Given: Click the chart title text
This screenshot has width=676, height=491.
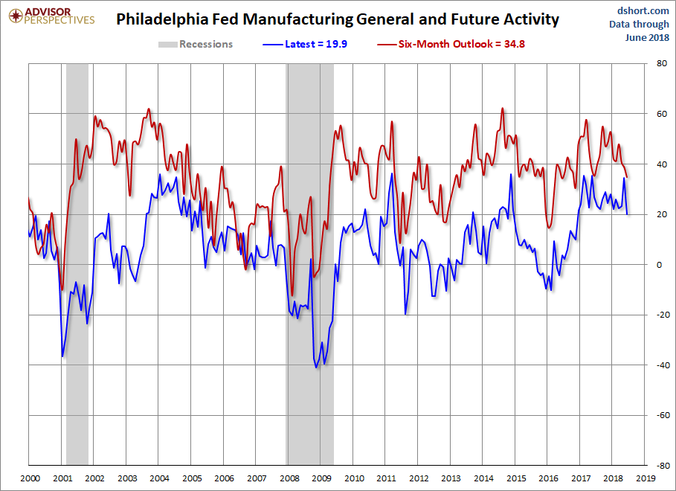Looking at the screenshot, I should [x=338, y=19].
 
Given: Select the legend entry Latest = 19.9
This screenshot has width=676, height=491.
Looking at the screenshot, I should [x=315, y=44].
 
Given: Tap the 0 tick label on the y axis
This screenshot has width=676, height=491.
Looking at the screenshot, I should [x=657, y=265].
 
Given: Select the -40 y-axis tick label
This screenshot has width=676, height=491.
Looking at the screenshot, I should [x=659, y=365].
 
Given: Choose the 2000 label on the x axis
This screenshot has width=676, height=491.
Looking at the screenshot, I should [x=29, y=478].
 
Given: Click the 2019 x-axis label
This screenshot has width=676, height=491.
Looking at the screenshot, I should [x=645, y=478].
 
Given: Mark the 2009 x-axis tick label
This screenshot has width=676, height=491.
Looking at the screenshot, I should [x=321, y=478].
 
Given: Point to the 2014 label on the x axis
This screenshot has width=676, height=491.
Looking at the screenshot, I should [x=483, y=478].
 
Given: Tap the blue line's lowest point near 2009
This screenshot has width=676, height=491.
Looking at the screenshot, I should [x=316, y=368].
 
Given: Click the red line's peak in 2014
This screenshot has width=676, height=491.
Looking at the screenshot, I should [x=503, y=108].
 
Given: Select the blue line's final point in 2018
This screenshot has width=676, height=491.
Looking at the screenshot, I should [x=627, y=214].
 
